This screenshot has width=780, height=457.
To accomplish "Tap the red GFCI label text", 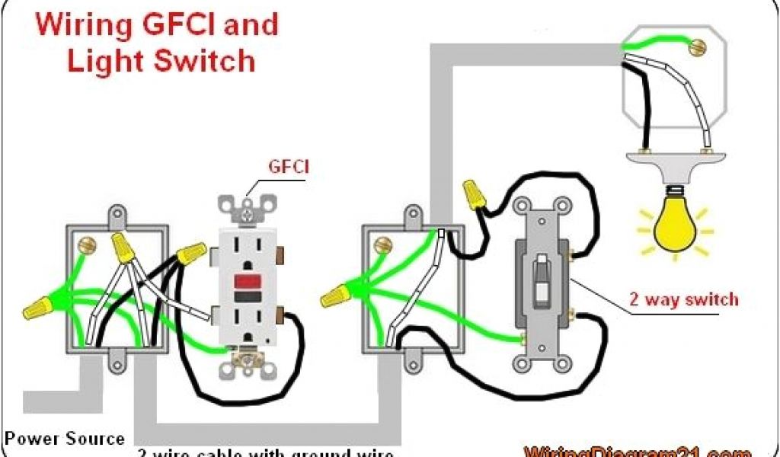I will click(x=287, y=167).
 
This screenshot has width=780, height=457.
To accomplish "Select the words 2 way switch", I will click(x=683, y=299).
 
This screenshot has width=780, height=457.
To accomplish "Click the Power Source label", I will click(x=64, y=439).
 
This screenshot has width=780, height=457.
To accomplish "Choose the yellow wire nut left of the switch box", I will click(x=336, y=294).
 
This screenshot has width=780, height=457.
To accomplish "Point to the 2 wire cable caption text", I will click(x=267, y=451).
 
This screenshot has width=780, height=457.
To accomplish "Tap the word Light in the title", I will click(x=107, y=61).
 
